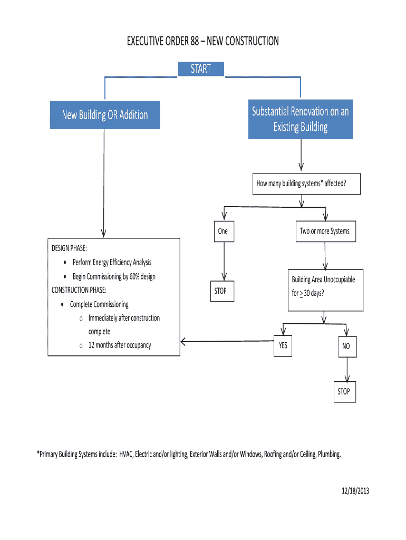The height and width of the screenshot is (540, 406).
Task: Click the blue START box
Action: pos(201,69)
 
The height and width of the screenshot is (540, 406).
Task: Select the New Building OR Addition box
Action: pos(105,115)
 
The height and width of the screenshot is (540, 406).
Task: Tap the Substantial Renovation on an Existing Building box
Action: pos(300,119)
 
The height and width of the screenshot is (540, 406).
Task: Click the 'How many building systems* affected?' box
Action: pos(301,184)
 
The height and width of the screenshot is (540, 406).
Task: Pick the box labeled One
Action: pos(223,231)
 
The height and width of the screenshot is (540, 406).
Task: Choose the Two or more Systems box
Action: pos(324,231)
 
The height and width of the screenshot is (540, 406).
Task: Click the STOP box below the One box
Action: pos(220,291)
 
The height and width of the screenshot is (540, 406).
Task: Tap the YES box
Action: pos(283,346)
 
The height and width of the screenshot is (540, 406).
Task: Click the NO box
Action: pos(346,346)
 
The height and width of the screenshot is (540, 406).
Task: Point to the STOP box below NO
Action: pos(344,391)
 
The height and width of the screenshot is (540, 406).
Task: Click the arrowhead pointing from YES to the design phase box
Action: pos(183,342)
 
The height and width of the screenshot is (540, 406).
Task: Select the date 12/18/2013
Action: pos(354,491)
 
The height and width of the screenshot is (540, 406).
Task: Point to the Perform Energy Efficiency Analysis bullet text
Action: pos(112,263)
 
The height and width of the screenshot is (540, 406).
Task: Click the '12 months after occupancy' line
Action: pos(120,345)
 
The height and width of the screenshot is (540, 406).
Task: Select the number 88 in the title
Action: pos(191,41)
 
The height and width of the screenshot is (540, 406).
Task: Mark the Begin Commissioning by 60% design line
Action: pos(114,276)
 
